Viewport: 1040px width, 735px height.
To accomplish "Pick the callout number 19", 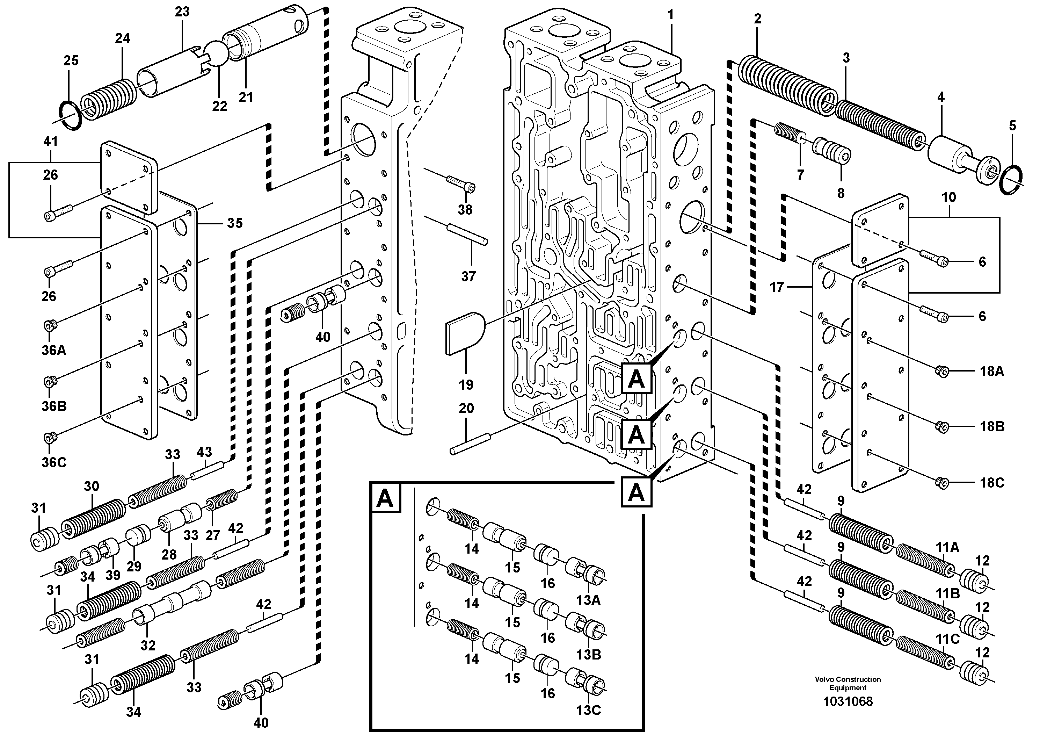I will click(466, 385).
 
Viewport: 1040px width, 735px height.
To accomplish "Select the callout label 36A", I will click(53, 350).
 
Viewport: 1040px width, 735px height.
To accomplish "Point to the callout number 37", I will click(468, 276).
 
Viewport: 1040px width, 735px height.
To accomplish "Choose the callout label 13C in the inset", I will click(588, 710).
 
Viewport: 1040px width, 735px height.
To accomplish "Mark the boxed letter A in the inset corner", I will click(385, 498).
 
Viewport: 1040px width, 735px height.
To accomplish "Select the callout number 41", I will click(50, 142).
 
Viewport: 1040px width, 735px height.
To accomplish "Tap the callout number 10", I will click(948, 197).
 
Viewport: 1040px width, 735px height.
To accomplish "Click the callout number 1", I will click(670, 15).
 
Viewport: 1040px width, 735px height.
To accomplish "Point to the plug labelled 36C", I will click(49, 437).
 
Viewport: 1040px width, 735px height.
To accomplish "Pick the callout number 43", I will click(204, 452).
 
